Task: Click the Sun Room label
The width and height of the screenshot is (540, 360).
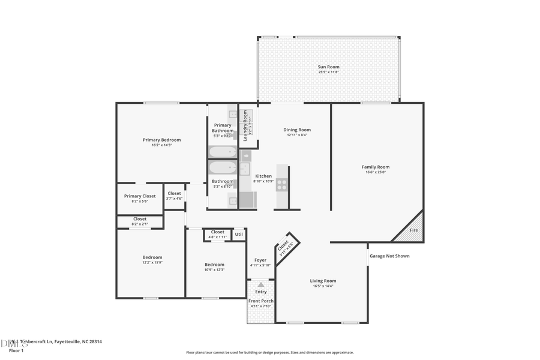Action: [328, 67]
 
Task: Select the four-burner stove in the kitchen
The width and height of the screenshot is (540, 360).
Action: [281, 184]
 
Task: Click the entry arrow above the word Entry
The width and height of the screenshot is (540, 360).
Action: [260, 284]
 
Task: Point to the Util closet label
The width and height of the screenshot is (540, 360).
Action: [239, 234]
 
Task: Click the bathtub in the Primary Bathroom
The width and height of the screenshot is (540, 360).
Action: [223, 152]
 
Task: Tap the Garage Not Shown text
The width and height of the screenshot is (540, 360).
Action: [389, 256]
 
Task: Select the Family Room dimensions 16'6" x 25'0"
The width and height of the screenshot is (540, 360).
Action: [376, 172]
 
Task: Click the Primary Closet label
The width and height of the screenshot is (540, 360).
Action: [140, 196]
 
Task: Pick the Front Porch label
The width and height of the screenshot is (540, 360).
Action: [261, 301]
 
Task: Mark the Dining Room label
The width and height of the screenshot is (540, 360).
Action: [297, 130]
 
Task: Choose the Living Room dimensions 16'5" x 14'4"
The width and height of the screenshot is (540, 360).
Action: [323, 286]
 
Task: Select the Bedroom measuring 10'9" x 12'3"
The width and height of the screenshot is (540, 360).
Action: [214, 265]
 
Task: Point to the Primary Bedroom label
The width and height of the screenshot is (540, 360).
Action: [161, 140]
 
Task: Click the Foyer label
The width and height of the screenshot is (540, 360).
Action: [260, 260]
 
